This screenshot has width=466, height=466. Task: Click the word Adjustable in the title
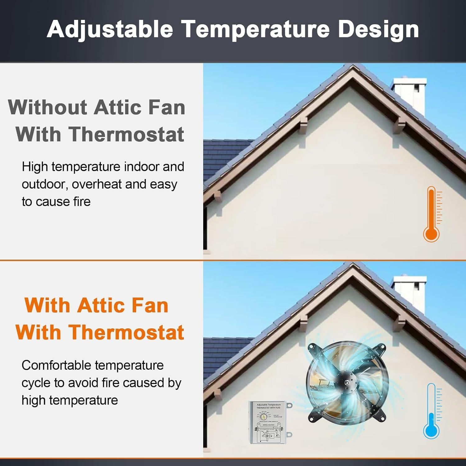pos(110,29)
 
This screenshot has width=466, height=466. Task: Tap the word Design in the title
pos(378,29)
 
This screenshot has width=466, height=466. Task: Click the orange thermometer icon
pos(432,214)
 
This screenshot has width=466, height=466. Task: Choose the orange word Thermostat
pos(126,332)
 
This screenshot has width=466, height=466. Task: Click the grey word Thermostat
pos(126,135)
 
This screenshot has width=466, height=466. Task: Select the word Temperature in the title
pos(255,29)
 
